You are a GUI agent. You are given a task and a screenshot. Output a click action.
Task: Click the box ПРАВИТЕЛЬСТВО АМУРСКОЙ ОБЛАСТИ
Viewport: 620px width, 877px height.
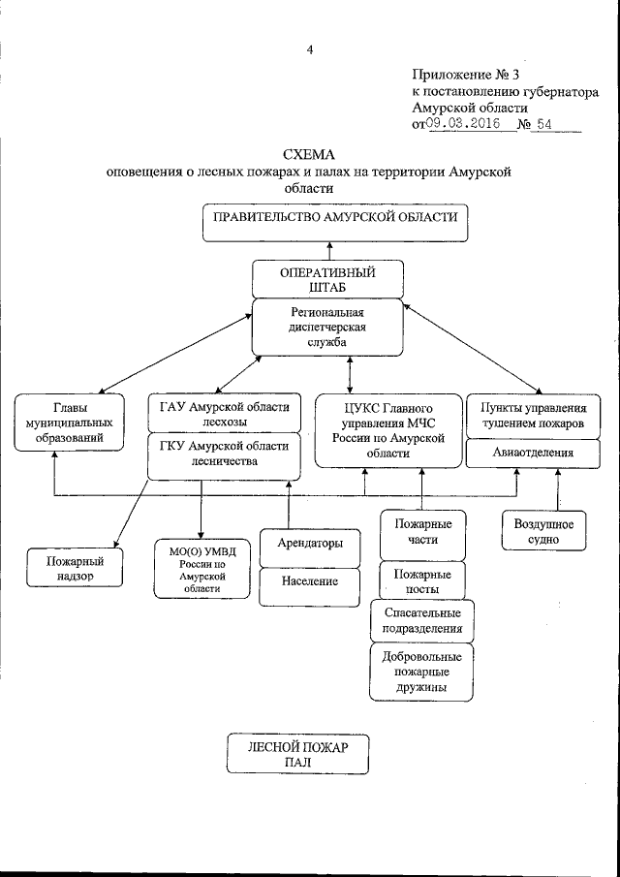click(335, 222)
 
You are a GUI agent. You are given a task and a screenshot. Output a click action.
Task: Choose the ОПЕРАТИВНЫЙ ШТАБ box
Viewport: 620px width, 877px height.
click(326, 279)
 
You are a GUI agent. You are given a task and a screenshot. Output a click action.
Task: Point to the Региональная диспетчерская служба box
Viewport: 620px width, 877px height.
click(326, 328)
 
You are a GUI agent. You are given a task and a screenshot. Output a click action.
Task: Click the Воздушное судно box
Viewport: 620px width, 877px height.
click(542, 532)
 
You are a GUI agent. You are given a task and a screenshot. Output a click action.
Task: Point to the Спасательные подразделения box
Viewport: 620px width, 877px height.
click(421, 619)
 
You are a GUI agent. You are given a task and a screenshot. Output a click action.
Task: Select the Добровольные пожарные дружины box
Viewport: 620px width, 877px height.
click(421, 671)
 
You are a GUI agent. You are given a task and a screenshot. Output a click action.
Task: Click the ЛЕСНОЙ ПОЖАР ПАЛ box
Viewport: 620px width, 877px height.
click(296, 754)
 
